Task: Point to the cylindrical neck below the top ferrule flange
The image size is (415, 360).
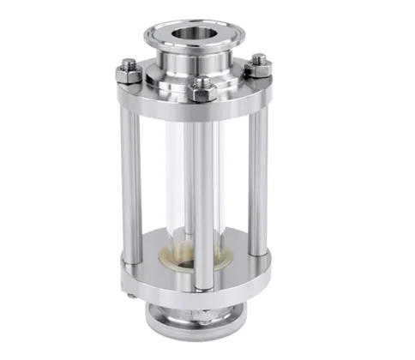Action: click(x=191, y=65)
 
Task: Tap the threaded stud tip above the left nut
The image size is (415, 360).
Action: click(x=129, y=63)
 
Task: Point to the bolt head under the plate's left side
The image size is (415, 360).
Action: click(x=131, y=297)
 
